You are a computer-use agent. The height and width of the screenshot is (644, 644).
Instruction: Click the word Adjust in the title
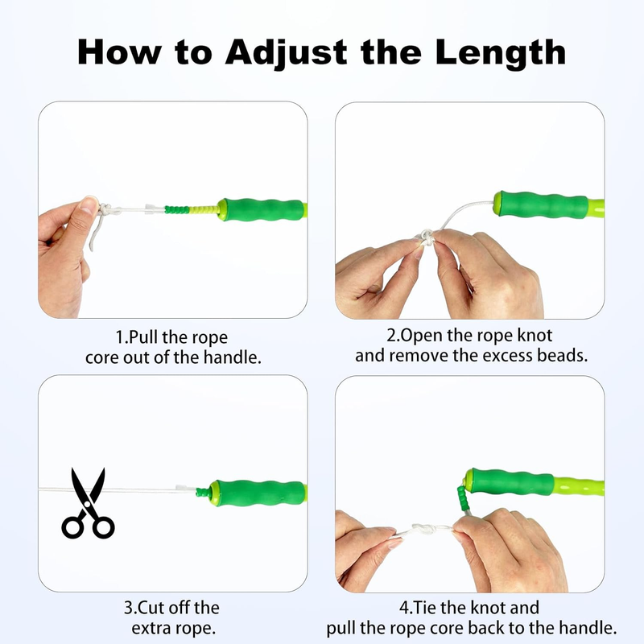coord(287,53)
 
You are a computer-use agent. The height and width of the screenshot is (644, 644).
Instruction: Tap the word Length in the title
coord(501,53)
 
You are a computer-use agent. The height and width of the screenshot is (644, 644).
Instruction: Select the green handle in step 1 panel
coord(262,209)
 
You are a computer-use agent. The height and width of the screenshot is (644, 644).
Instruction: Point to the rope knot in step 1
coord(105,209)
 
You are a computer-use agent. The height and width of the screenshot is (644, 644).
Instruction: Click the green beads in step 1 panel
coord(177,209)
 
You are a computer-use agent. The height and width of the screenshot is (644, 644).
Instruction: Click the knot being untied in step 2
coord(427,237)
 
